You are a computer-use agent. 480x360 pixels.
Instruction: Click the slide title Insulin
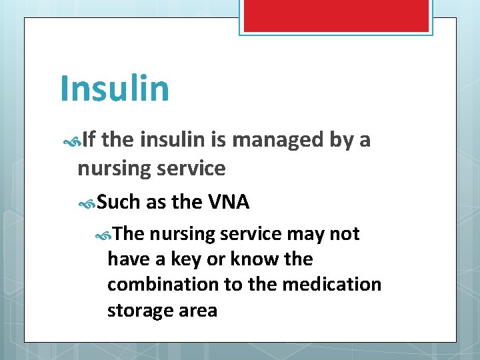point(114,88)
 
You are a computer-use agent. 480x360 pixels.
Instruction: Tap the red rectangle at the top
point(335,15)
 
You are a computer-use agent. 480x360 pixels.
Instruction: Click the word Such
point(120,201)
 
